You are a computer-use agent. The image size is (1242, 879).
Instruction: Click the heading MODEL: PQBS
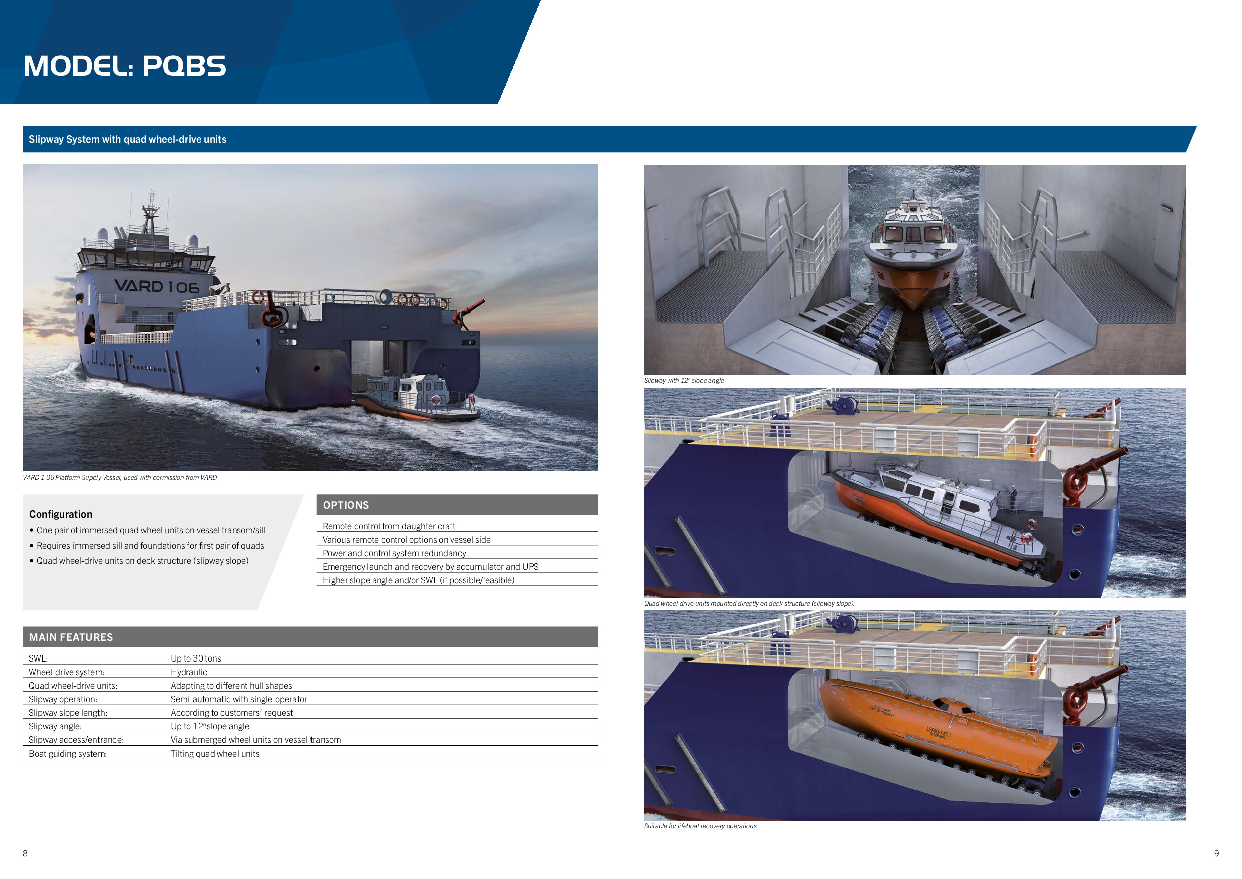(x=124, y=66)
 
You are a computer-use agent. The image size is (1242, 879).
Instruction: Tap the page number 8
(x=25, y=853)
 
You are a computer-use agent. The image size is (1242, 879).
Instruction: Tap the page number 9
(x=1216, y=853)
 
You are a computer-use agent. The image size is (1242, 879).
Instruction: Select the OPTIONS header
(x=346, y=505)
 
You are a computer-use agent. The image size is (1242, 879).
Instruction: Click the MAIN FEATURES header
(x=71, y=637)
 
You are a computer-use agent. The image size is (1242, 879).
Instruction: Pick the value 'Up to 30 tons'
(x=196, y=658)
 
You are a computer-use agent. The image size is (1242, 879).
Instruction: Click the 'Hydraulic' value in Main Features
(x=189, y=672)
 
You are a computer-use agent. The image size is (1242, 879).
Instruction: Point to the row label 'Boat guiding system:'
(x=68, y=754)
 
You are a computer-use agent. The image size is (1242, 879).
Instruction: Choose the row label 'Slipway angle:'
(x=55, y=726)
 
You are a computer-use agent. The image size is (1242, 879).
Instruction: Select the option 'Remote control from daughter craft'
(x=389, y=526)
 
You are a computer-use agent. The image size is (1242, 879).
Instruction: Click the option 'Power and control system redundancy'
(x=394, y=553)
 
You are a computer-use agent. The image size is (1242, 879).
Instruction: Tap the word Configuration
(x=61, y=514)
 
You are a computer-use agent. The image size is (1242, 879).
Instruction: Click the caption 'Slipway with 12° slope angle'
(x=684, y=380)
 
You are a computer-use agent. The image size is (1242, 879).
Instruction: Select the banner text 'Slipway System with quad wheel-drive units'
(x=128, y=140)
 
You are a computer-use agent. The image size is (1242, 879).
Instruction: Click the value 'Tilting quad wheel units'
(x=215, y=754)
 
